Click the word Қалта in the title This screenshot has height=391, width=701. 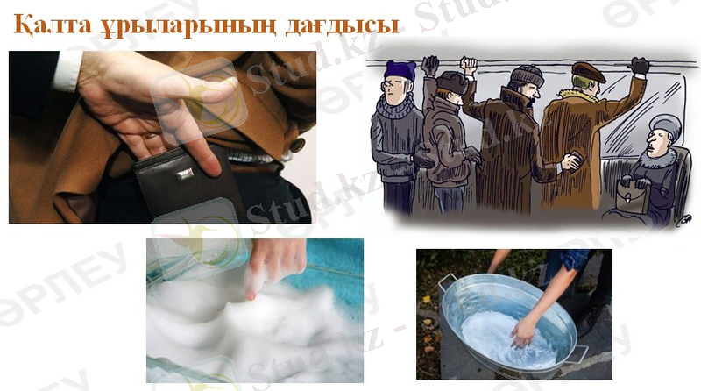[53, 25]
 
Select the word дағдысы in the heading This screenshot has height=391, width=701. [342, 25]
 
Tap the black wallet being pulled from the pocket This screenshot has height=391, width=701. [188, 183]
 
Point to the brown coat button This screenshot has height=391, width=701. [297, 144]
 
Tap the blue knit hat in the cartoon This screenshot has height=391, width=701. [400, 71]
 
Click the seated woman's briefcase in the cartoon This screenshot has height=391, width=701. [632, 198]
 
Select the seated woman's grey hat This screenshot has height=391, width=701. [666, 124]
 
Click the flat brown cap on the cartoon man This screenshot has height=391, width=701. [588, 72]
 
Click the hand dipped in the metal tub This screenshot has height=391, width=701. [524, 332]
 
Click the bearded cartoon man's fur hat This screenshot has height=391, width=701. [527, 75]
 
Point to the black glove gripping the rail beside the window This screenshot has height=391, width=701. [640, 66]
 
